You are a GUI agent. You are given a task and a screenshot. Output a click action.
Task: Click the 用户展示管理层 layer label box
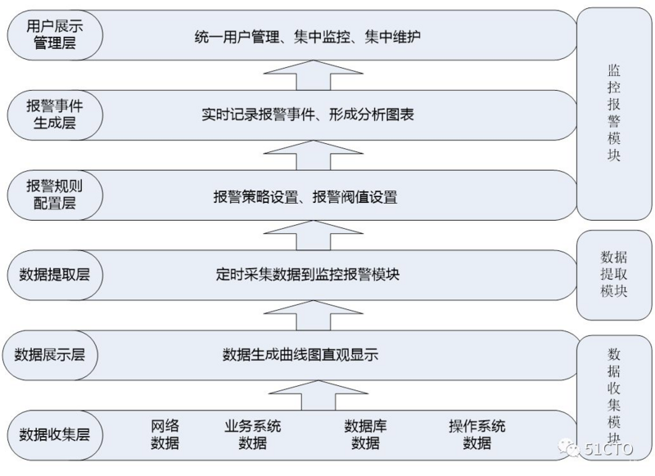pyautogui.click(x=55, y=35)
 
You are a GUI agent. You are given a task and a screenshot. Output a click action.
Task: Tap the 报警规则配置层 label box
pyautogui.click(x=55, y=194)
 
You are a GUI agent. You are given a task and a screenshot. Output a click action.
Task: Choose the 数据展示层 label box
pyautogui.click(x=55, y=354)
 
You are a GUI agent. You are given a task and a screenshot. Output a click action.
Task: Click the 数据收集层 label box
pyautogui.click(x=55, y=433)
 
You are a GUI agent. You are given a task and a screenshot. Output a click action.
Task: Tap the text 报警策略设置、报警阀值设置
pyautogui.click(x=305, y=196)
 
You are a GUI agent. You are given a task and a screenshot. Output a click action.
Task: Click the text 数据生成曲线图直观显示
pyautogui.click(x=300, y=355)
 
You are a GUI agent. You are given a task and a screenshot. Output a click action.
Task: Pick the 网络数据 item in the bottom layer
pyautogui.click(x=165, y=434)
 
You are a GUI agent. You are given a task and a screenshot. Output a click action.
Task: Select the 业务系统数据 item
pyautogui.click(x=252, y=434)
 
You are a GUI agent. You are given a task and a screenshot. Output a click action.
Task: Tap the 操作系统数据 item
pyautogui.click(x=477, y=434)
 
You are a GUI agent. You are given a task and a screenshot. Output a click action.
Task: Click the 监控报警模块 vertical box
pyautogui.click(x=613, y=115)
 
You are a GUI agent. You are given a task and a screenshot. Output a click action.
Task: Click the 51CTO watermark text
pyautogui.click(x=611, y=448)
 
